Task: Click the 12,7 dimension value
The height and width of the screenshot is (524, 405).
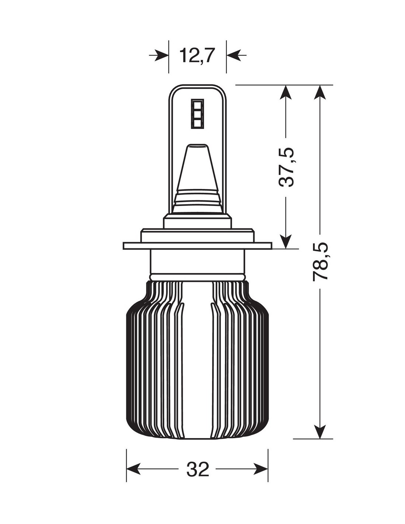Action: pyautogui.click(x=197, y=55)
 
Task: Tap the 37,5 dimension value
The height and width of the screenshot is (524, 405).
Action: pyautogui.click(x=286, y=167)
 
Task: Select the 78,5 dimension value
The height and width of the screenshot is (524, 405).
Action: pyautogui.click(x=320, y=261)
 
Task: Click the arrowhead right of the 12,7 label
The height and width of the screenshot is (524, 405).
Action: pyautogui.click(x=233, y=55)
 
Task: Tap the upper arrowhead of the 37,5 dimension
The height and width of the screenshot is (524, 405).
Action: pyautogui.click(x=286, y=92)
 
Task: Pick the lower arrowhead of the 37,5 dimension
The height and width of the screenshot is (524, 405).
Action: pyautogui.click(x=286, y=241)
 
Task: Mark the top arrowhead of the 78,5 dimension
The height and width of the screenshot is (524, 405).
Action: pyautogui.click(x=320, y=92)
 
